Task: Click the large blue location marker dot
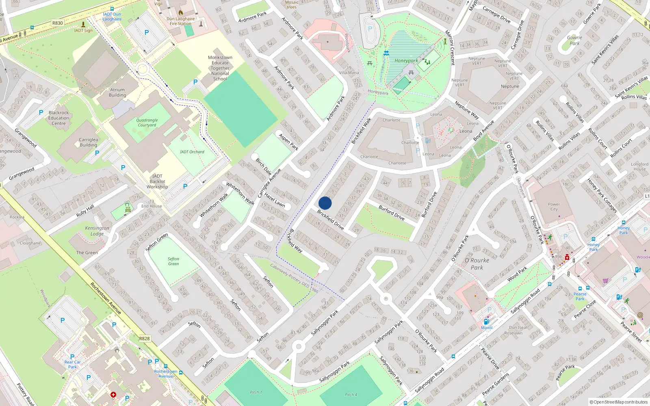coord(325,203)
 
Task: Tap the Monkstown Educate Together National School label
coord(220,68)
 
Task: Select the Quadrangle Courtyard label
coord(147,123)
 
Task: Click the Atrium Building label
coord(117,93)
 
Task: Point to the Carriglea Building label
coord(88,142)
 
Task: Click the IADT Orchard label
coord(192,152)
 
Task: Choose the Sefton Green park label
coord(173,261)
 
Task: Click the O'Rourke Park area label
coord(477,264)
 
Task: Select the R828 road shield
coord(144,338)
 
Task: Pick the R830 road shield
coord(58,23)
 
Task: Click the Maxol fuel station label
coord(487,328)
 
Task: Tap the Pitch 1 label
coord(256,392)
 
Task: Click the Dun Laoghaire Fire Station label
coord(180,21)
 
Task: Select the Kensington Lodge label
coord(97,231)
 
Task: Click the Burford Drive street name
coord(392,213)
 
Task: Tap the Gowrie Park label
coord(574,40)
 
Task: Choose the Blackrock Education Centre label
coord(59,118)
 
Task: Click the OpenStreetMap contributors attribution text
coord(619,402)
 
